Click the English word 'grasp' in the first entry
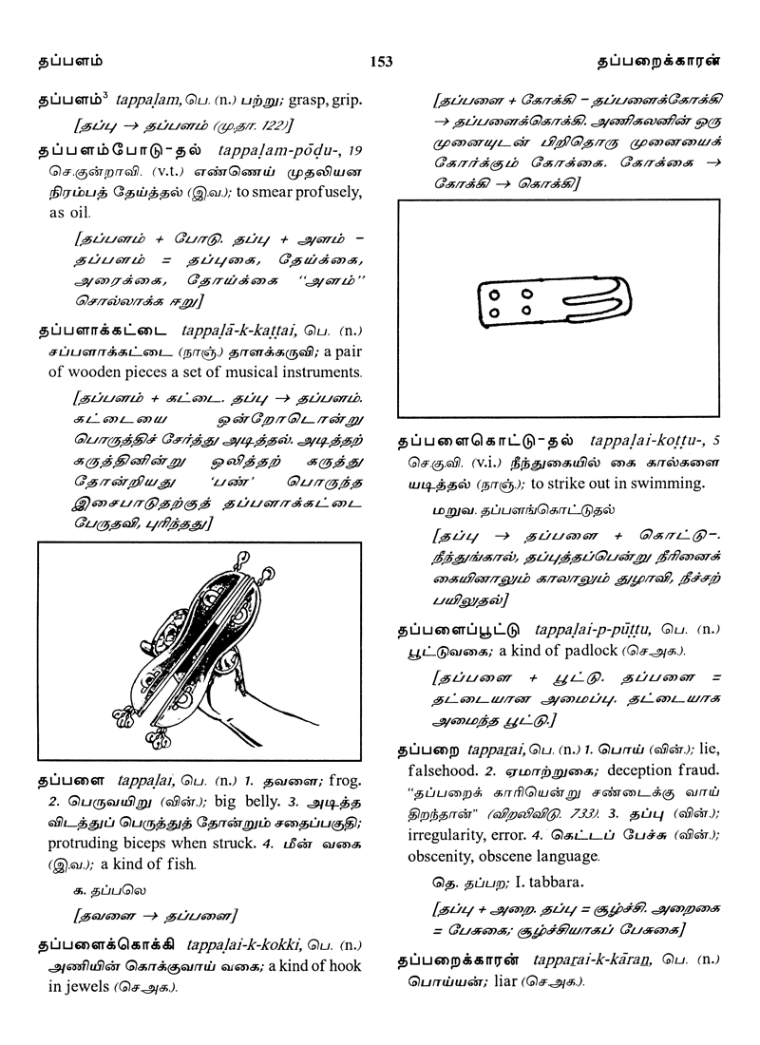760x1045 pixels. [x=293, y=99]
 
